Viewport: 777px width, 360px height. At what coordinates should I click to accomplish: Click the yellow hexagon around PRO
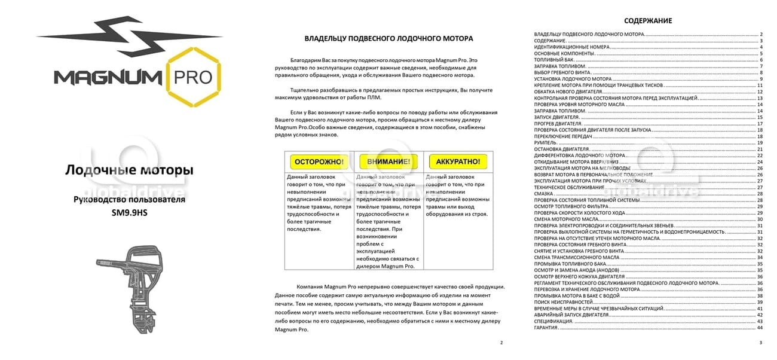tap(194, 77)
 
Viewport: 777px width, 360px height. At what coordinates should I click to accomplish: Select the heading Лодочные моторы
tap(129, 171)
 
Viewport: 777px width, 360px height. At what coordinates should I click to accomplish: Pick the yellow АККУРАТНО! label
tap(458, 161)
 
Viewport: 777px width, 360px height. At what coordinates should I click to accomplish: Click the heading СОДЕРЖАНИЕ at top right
tap(648, 21)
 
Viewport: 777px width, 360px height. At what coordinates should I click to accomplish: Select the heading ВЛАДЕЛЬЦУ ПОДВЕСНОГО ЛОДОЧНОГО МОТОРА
tap(389, 38)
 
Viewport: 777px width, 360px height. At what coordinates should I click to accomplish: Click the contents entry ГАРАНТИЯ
tap(546, 328)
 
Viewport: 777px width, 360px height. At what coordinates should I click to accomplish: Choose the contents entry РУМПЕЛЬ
tap(545, 142)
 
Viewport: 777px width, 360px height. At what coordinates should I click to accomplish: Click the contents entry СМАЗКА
tap(544, 194)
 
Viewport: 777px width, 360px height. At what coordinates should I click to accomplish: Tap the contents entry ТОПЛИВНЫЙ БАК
tap(553, 60)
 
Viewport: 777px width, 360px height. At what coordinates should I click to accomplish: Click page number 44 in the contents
tap(760, 328)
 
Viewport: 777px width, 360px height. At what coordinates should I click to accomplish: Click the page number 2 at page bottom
tap(501, 343)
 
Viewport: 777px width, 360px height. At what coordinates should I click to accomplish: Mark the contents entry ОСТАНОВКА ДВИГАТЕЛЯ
tap(561, 149)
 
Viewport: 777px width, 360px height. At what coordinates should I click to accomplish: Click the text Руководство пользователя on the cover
tap(129, 200)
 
